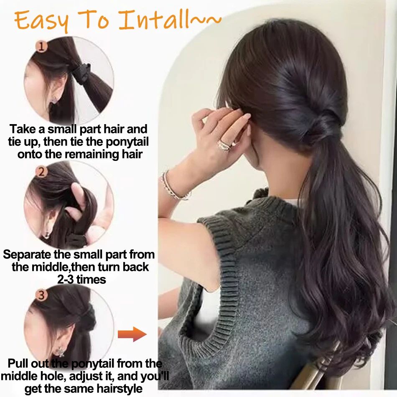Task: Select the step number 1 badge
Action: click(x=41, y=46)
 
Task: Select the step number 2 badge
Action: click(x=41, y=171)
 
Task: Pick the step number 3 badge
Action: click(x=41, y=296)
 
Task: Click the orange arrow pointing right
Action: click(x=132, y=334)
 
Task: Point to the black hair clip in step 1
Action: click(x=82, y=73)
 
